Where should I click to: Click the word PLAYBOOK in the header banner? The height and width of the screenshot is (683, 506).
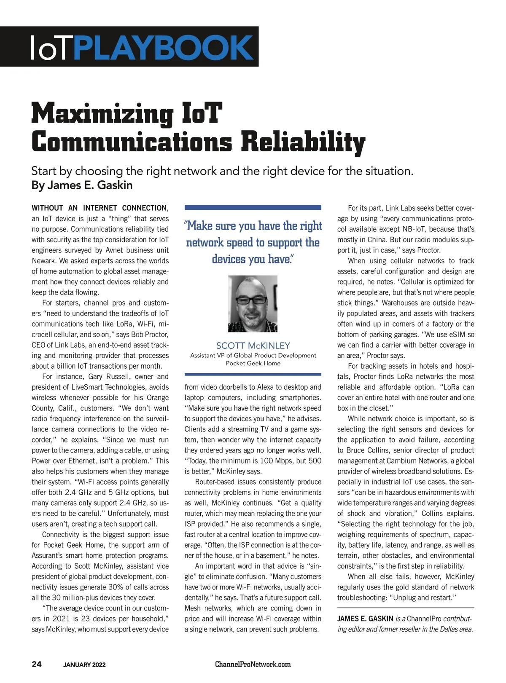[x=165, y=47]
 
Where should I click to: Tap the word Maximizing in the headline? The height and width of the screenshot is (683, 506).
[x=102, y=113]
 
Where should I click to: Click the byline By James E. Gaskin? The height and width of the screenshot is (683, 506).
[x=82, y=185]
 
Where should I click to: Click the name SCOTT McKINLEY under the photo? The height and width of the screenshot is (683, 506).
[x=253, y=346]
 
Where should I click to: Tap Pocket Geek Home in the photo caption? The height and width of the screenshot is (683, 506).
[x=253, y=363]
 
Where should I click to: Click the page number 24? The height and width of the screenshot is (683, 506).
[x=37, y=664]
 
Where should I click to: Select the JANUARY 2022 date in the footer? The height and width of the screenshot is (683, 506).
[x=84, y=665]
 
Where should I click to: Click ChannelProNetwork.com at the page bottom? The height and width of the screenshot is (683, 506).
[x=253, y=664]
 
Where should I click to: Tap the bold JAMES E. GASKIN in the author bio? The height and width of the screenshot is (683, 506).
[x=365, y=619]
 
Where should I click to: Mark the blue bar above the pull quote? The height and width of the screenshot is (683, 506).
[x=253, y=207]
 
